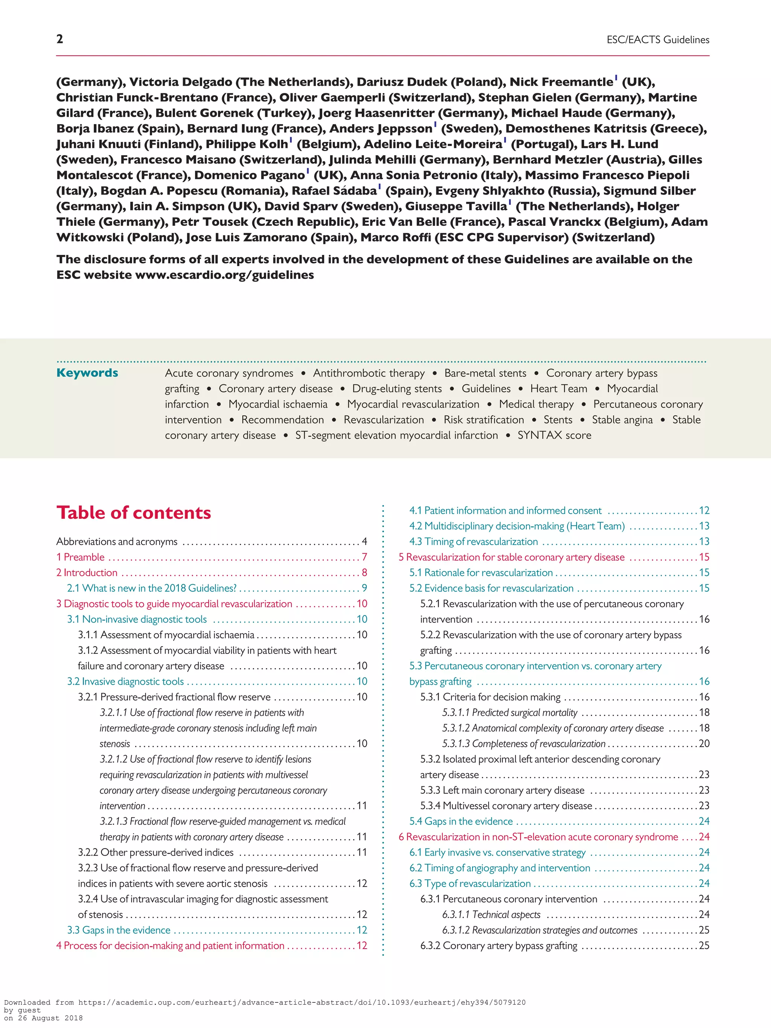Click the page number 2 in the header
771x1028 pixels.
click(59, 39)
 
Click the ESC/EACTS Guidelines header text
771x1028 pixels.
click(658, 40)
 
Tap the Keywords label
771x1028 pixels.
click(87, 373)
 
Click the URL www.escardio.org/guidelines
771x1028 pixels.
click(224, 275)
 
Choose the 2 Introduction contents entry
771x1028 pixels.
click(87, 573)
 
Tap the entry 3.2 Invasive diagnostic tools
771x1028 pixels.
click(125, 681)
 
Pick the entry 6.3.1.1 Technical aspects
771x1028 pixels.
click(491, 915)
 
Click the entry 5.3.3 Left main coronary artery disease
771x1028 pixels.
click(502, 790)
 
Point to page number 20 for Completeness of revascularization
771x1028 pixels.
click(704, 743)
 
